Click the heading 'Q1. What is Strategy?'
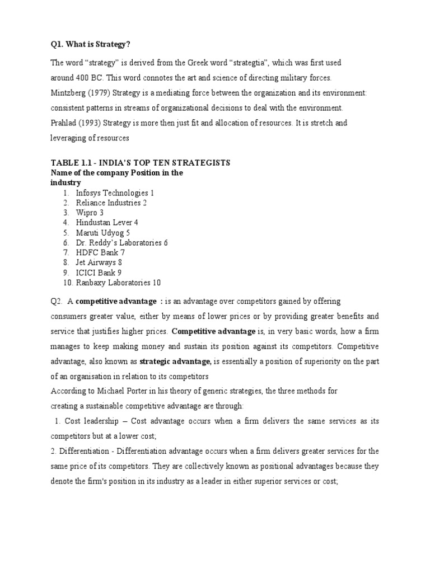click(x=86, y=45)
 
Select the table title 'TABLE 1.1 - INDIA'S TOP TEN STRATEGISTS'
click(x=140, y=163)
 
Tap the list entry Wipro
click(x=87, y=213)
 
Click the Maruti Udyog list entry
click(x=100, y=233)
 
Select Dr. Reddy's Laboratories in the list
click(x=119, y=243)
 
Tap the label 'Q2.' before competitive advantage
click(x=55, y=302)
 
